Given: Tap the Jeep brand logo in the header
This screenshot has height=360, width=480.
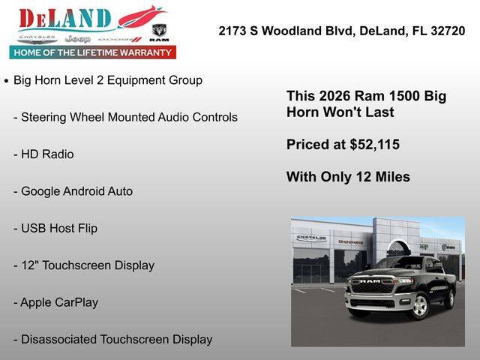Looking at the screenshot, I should point(78,38).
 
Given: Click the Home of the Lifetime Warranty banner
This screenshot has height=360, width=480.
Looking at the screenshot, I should point(92,52).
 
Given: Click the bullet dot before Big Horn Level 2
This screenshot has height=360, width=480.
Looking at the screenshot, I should point(7,80).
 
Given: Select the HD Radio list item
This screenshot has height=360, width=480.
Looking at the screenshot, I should point(46,154).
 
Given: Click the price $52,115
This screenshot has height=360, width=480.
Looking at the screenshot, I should point(374,145).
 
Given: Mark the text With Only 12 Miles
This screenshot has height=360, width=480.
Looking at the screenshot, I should point(348,177).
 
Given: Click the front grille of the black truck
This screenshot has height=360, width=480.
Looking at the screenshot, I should point(372,286).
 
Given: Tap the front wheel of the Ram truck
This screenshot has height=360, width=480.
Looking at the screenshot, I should point(418,307).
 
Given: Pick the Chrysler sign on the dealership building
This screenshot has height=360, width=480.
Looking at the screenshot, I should point(310,238).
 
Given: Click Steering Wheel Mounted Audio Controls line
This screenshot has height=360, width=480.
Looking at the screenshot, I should point(125,117).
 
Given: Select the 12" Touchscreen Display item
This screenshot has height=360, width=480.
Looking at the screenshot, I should point(84,265).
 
